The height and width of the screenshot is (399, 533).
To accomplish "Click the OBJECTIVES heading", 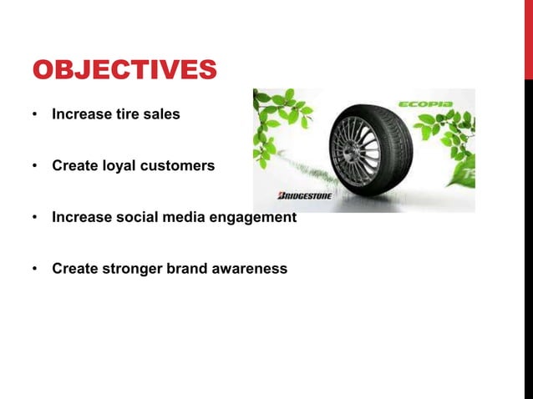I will [124, 69].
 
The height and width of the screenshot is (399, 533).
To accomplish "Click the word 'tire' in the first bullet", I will [123, 114].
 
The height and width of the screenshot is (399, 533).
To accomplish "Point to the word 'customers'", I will [179, 165].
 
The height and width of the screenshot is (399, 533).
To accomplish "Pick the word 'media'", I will [183, 217].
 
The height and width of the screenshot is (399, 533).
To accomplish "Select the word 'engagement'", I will [252, 217].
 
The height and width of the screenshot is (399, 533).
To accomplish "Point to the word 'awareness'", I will [250, 269].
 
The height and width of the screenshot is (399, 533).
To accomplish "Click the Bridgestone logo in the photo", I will [304, 196].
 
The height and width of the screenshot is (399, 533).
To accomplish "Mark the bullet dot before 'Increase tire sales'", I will [35, 114].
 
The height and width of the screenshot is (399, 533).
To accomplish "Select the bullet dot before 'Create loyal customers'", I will [35, 166].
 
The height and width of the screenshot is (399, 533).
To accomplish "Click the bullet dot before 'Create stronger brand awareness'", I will [35, 270].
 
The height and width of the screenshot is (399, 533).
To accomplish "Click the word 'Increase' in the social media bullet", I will [79, 217].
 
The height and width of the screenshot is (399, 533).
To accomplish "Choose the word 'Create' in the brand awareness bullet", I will [74, 269].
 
